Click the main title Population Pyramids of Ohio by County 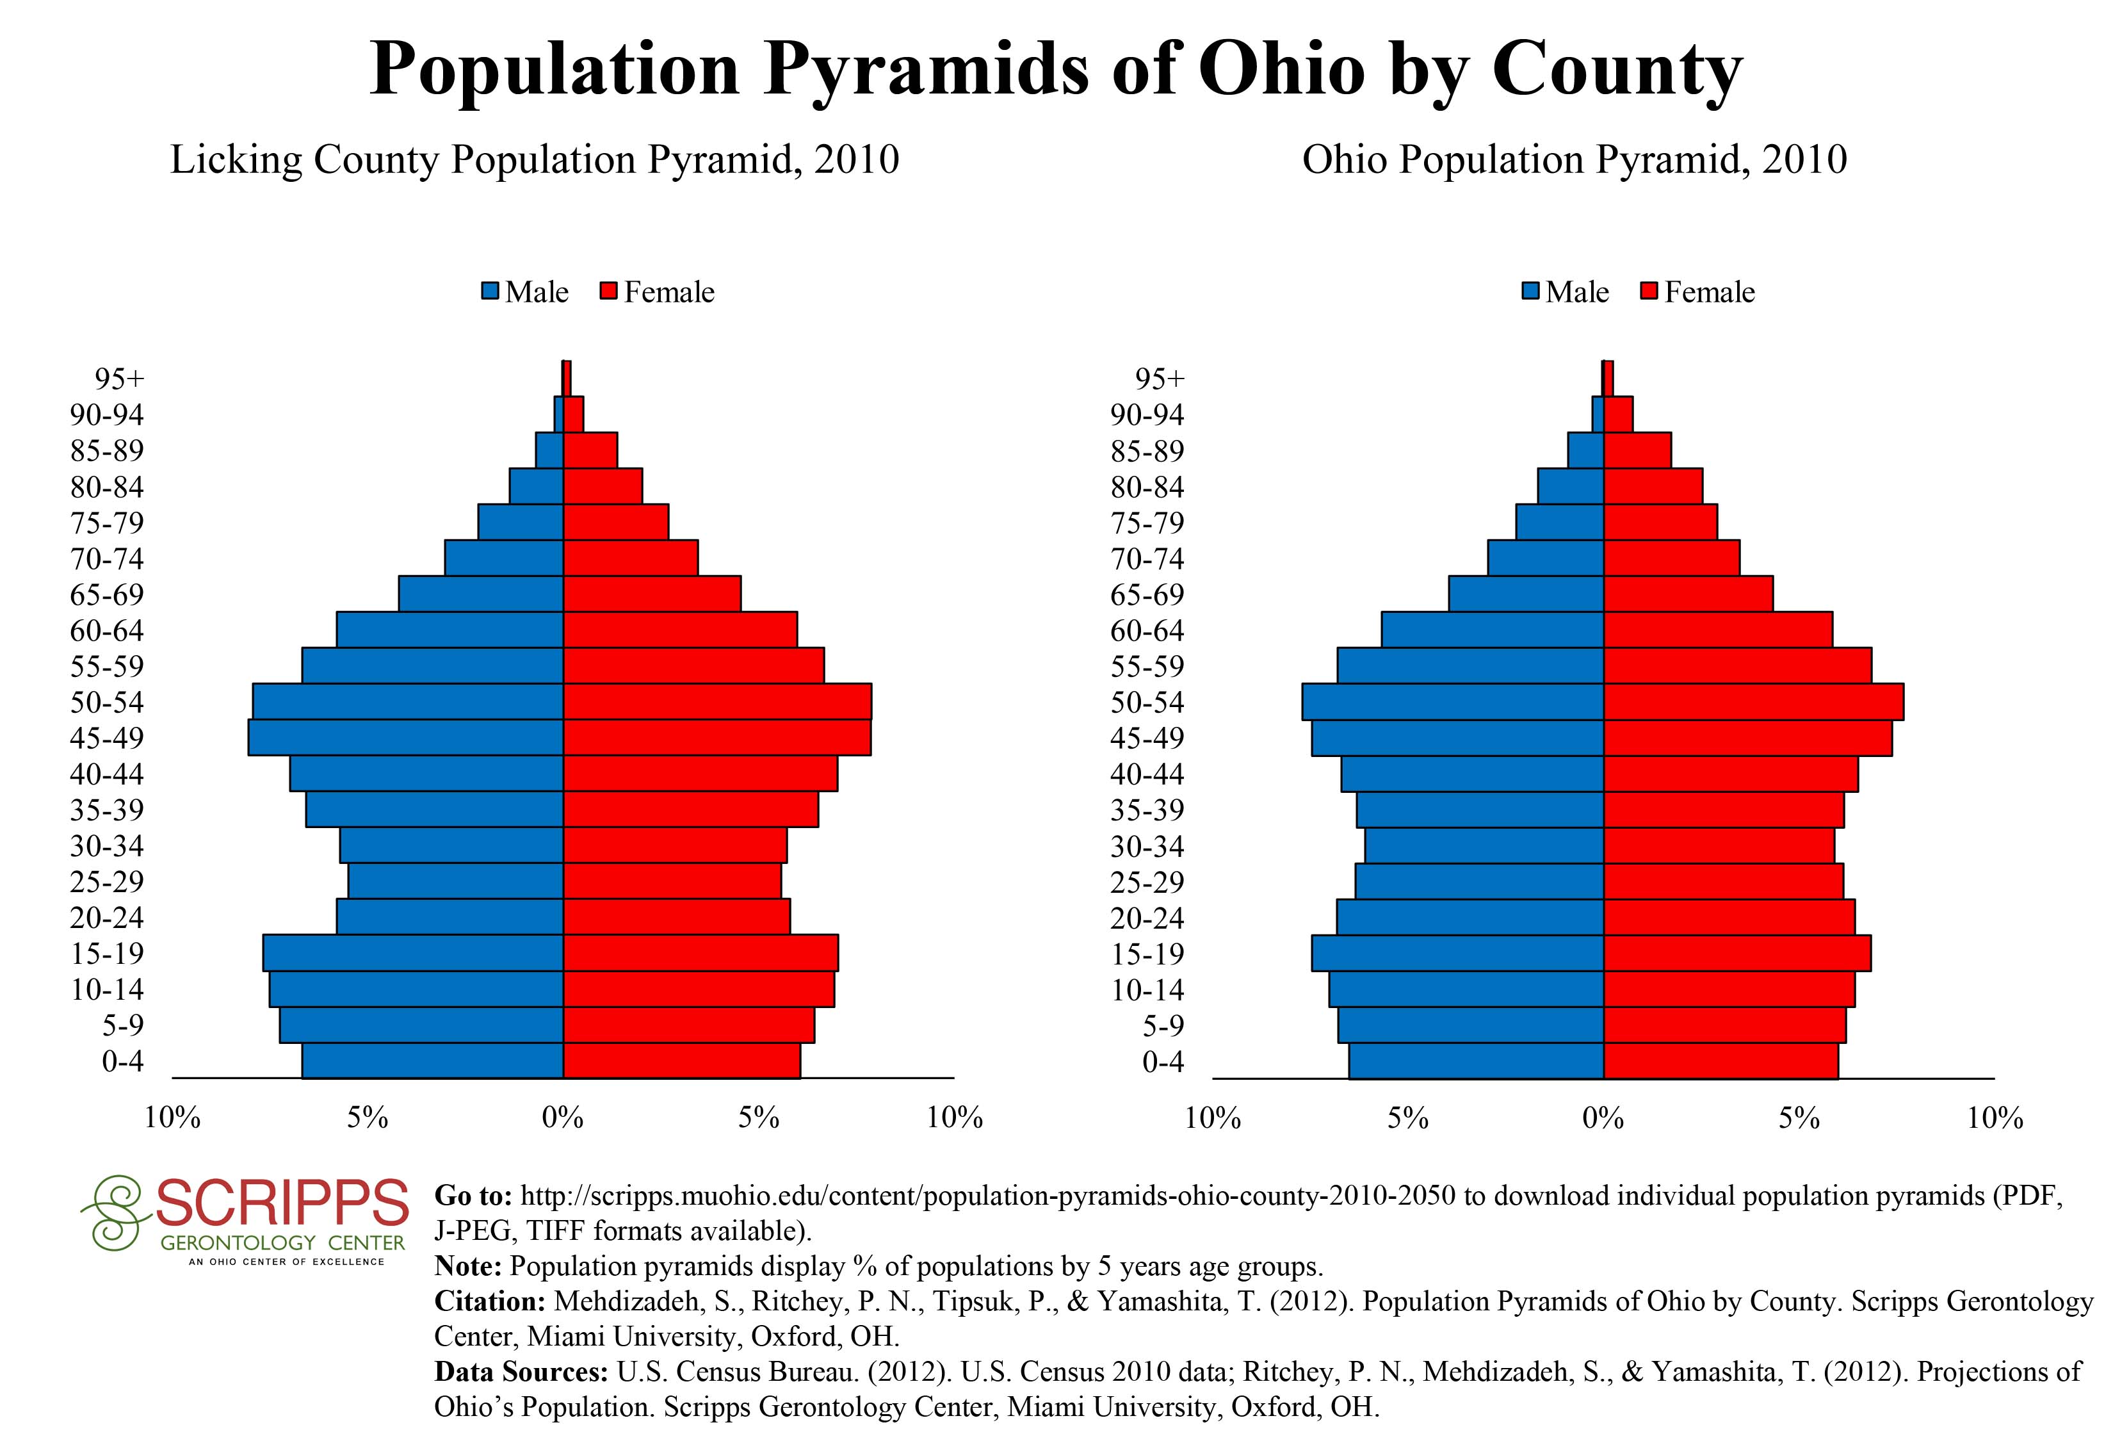(x=1056, y=69)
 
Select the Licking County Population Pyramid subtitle (x=535, y=160)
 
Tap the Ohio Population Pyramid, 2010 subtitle (x=1574, y=160)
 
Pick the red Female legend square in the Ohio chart (x=1649, y=292)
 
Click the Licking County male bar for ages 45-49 (x=405, y=737)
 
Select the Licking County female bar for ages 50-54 (x=717, y=702)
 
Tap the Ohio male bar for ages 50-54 (x=1452, y=702)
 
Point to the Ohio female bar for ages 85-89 (x=1637, y=450)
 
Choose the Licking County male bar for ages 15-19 (x=413, y=953)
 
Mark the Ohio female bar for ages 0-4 (x=1720, y=1061)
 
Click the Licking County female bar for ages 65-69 (x=652, y=594)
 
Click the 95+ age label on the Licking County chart (x=119, y=379)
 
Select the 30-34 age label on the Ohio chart (x=1147, y=847)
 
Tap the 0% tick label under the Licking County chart (x=563, y=1118)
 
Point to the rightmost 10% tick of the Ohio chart (x=1995, y=1118)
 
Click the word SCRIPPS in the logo (x=282, y=1203)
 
